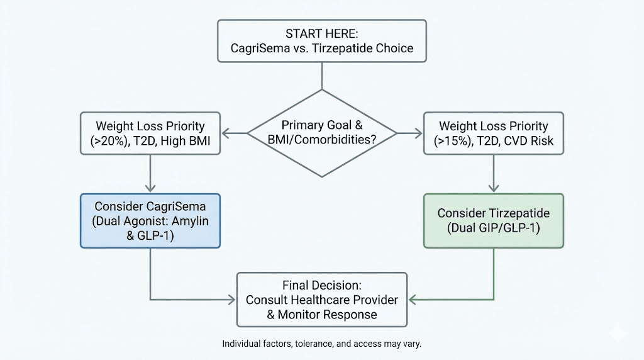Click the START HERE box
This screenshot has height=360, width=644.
(x=321, y=40)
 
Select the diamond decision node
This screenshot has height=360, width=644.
(x=321, y=133)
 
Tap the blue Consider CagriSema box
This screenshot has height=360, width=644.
(x=150, y=220)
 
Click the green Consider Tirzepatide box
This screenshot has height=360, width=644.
(x=493, y=220)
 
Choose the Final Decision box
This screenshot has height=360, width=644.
(x=321, y=299)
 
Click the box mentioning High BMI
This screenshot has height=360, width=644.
(x=150, y=133)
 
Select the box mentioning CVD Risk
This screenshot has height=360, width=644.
(x=493, y=133)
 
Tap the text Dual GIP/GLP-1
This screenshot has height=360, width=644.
(x=494, y=228)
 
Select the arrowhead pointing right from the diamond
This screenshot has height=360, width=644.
(x=417, y=133)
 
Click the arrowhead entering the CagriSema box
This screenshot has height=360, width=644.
(x=150, y=188)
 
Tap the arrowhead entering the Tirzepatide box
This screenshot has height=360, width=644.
(x=493, y=188)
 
